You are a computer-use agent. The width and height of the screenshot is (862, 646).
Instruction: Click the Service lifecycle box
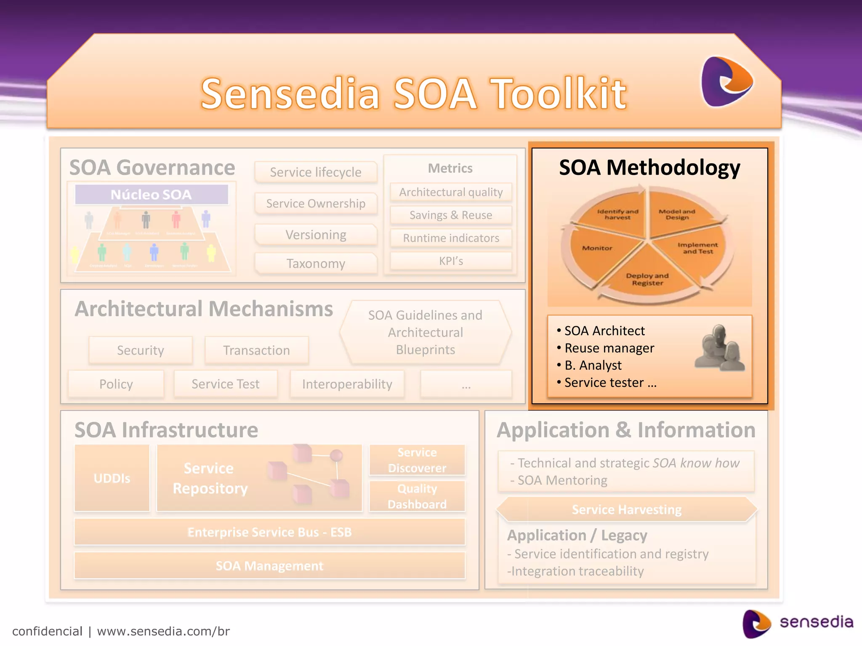click(x=316, y=172)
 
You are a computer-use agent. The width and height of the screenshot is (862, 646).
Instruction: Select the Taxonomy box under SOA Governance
click(x=316, y=264)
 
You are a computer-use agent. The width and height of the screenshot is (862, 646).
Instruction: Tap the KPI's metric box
click(x=451, y=261)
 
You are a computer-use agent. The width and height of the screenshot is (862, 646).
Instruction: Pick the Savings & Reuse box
click(x=451, y=215)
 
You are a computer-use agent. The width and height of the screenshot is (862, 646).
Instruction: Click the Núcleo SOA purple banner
click(x=152, y=195)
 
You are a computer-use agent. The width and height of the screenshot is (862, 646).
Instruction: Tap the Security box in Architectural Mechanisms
click(x=141, y=350)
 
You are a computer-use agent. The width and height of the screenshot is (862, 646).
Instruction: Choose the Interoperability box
click(x=347, y=384)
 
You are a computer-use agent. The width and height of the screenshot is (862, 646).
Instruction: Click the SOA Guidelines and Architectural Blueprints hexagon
click(x=425, y=332)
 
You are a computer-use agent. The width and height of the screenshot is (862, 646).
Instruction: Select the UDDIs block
click(x=112, y=478)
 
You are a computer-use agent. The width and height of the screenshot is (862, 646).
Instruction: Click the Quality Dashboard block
click(x=417, y=496)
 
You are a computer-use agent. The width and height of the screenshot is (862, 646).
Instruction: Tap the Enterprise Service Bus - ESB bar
click(x=269, y=532)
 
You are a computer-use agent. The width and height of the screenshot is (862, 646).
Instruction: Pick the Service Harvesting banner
click(x=626, y=510)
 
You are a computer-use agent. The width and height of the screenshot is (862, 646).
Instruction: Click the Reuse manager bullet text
click(x=609, y=348)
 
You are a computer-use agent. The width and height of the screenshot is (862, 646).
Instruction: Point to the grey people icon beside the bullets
click(x=719, y=348)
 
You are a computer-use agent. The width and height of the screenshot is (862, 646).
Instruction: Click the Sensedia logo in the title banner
click(x=726, y=82)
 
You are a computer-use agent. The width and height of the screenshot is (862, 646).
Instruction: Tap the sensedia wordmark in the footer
click(x=816, y=622)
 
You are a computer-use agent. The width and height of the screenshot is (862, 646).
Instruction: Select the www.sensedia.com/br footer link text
click(x=163, y=631)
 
